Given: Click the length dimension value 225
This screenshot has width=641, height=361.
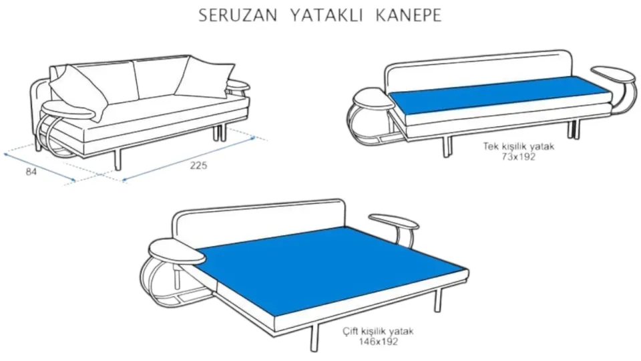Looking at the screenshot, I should click(198, 165).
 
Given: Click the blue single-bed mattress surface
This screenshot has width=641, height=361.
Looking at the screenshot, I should click(501, 94).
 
